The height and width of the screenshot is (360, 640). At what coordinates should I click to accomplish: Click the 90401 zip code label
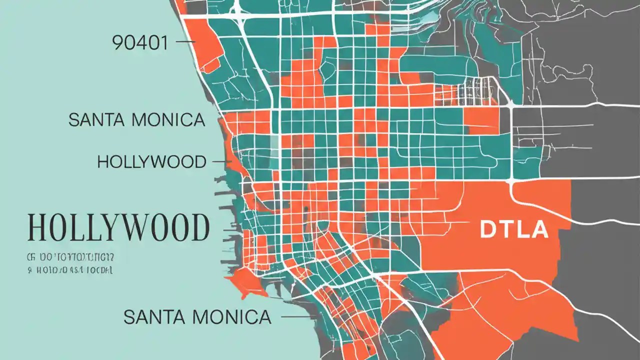tap(140, 43)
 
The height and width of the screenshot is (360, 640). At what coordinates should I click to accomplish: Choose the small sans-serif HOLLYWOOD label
tap(151, 162)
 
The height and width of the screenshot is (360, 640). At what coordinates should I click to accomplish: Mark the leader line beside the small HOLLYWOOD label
tap(220, 162)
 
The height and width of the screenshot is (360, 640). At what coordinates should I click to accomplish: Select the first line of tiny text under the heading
tap(70, 257)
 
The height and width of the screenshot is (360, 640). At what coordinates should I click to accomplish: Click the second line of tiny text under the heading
tap(69, 270)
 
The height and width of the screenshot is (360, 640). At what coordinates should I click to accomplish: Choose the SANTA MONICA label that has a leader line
tap(197, 316)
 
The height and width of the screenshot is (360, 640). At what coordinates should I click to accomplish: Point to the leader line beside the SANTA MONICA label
tap(295, 316)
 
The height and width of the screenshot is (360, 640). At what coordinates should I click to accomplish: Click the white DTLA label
tap(513, 229)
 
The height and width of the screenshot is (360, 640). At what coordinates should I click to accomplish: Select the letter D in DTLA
tap(487, 229)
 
